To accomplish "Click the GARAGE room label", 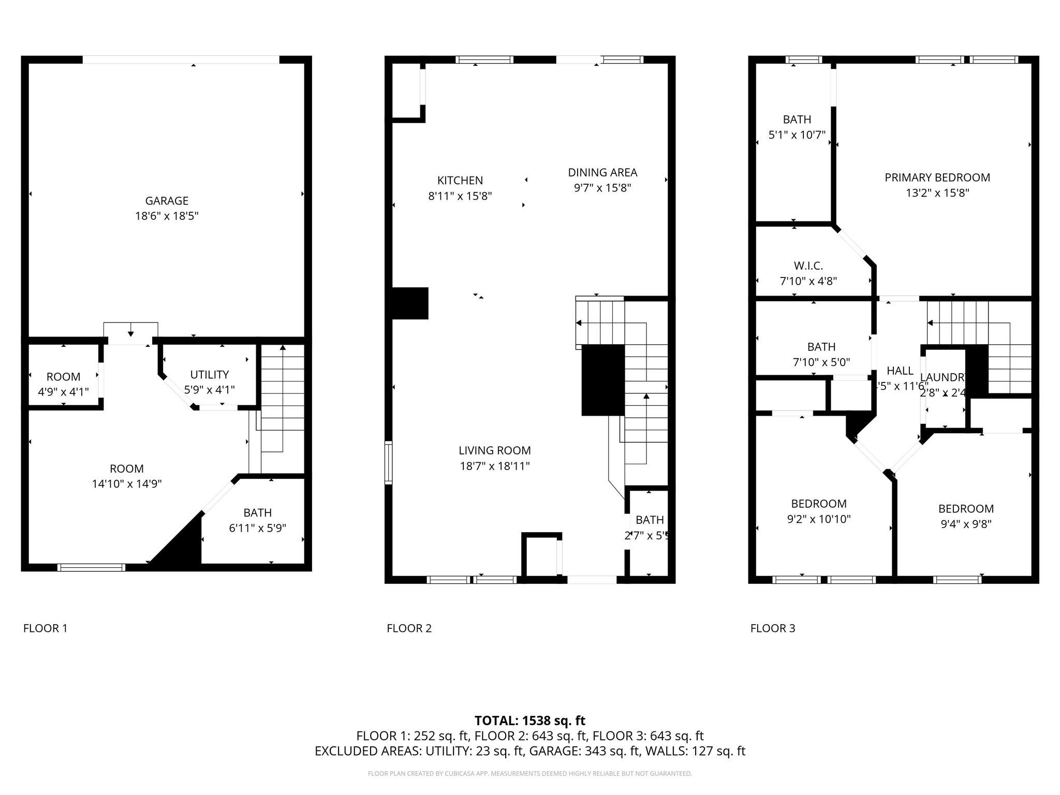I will point(166,201).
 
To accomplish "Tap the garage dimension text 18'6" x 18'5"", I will point(166,216).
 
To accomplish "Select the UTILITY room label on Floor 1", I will point(209,375).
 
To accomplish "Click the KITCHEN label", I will point(460,181).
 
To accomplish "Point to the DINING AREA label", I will point(602,172).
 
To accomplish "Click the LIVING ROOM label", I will point(494,451).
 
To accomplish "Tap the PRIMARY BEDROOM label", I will point(937,178).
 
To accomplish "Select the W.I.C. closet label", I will point(808,266).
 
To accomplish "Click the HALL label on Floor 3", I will point(900,371).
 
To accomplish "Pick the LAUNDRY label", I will point(943,378).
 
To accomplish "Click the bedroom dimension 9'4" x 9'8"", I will point(966,524).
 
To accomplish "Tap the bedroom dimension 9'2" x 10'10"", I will point(818,519).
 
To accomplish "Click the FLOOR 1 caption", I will point(45,628).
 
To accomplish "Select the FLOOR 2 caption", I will point(409,628).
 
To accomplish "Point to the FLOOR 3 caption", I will point(772,628).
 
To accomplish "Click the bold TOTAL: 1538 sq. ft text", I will point(529,720).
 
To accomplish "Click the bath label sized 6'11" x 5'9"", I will point(257,513).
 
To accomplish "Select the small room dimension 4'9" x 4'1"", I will point(63,392).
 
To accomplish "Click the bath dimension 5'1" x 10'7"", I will point(797,135).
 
